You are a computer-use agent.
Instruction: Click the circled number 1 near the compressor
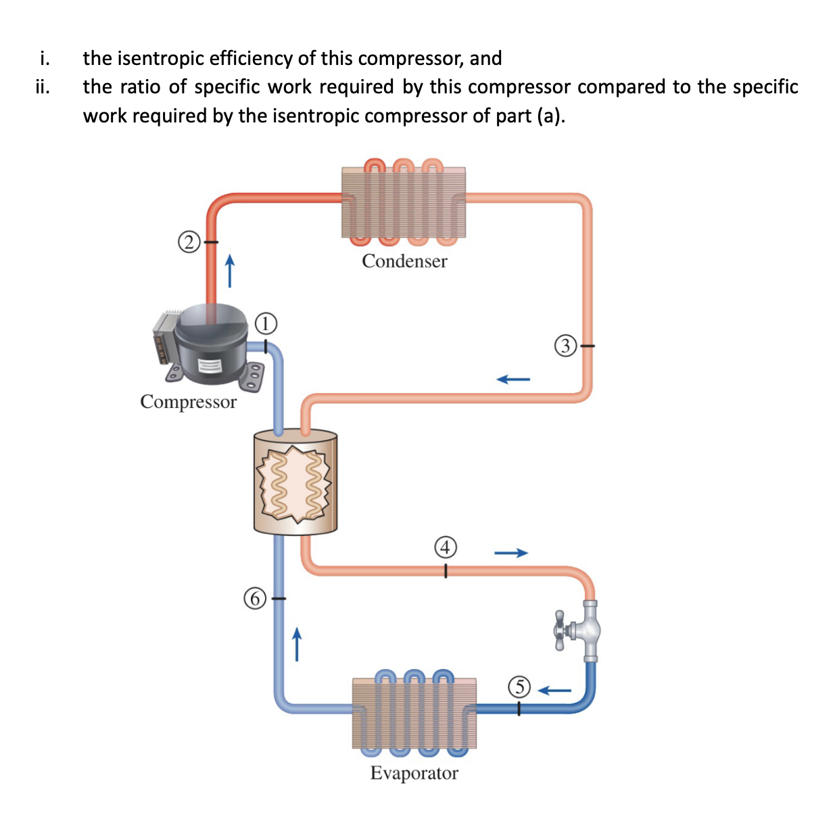(267, 323)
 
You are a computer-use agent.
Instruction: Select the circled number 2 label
(189, 241)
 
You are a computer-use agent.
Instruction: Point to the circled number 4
(446, 547)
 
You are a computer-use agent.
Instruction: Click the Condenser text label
(404, 261)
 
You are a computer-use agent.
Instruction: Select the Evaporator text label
(414, 773)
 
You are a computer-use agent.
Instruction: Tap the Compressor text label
(188, 402)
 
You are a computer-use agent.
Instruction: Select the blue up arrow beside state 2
(230, 271)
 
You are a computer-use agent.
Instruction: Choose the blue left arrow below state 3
(513, 379)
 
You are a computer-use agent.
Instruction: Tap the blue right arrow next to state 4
(510, 553)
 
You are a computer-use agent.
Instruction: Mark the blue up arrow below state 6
(295, 643)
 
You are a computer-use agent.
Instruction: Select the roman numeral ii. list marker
(43, 87)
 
